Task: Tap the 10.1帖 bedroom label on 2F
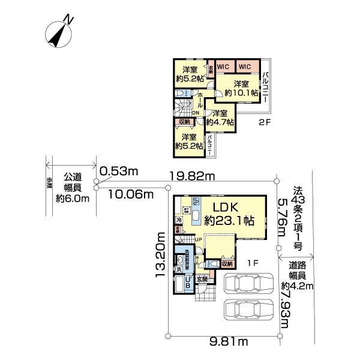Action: pyautogui.click(x=242, y=88)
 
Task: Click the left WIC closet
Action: pyautogui.click(x=224, y=67)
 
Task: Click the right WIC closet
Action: pyautogui.click(x=245, y=67)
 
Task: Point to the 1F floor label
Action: pyautogui.click(x=254, y=262)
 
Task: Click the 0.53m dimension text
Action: pyautogui.click(x=119, y=172)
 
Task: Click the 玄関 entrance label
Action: pyautogui.click(x=202, y=280)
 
